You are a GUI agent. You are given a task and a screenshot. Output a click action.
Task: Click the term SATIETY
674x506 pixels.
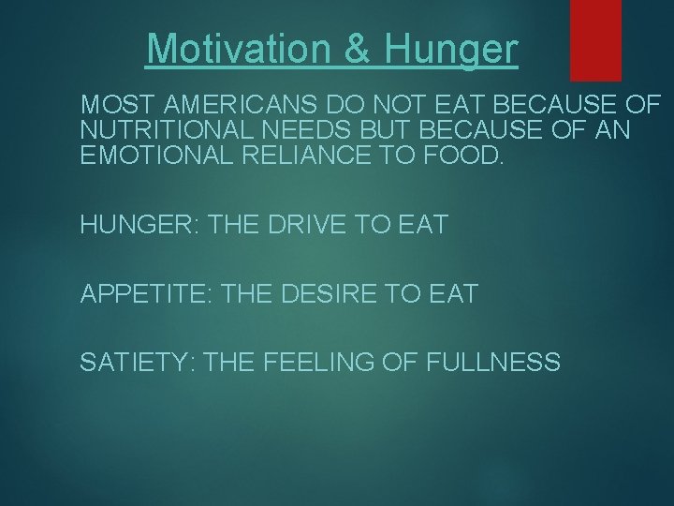pyautogui.click(x=135, y=361)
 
